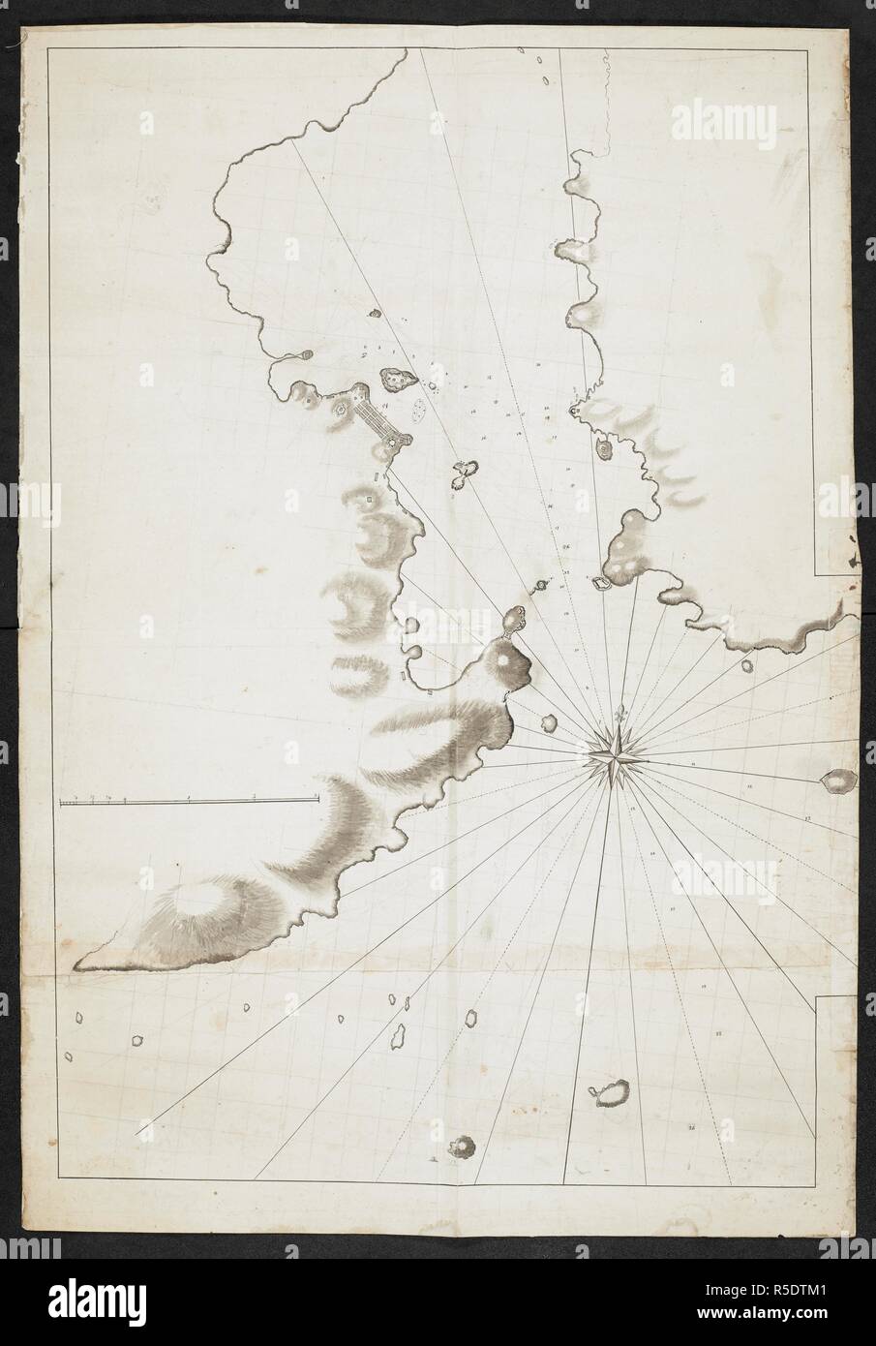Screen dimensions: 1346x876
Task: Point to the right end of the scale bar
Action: coord(317,799)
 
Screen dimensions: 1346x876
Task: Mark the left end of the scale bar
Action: coord(60,801)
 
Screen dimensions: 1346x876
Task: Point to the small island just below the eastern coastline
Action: coord(746,666)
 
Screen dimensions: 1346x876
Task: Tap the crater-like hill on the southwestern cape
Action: coord(206,899)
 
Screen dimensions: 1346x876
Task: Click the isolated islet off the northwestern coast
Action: coord(376,313)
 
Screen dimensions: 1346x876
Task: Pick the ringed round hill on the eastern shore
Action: coord(606,449)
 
